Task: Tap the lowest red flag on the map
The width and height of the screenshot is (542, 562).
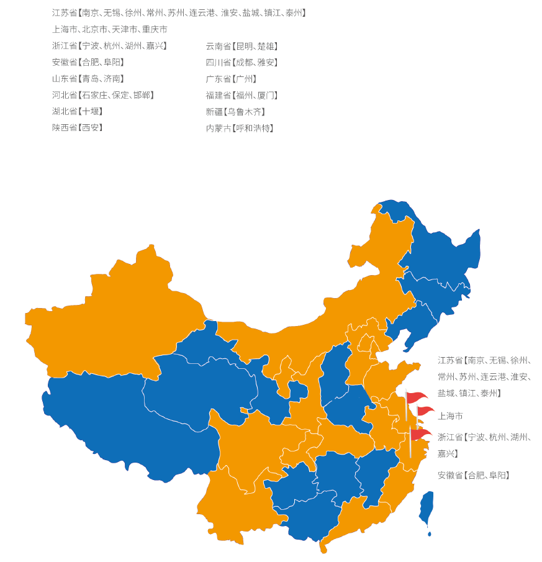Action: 421,434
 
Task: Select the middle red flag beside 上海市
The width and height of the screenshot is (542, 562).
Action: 425,410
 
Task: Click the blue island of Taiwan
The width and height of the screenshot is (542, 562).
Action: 426,506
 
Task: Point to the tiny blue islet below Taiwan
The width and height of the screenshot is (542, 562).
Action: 429,533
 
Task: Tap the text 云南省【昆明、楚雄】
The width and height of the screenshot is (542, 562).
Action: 242,46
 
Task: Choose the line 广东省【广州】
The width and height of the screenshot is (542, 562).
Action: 231,79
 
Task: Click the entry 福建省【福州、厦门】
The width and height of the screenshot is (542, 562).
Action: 242,95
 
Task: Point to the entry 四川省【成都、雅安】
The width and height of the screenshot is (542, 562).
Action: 242,62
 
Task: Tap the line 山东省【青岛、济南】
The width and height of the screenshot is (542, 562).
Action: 88,79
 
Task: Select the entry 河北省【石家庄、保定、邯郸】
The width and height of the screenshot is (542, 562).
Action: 103,95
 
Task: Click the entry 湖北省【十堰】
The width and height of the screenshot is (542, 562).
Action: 78,112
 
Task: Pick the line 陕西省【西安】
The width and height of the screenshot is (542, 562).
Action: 78,128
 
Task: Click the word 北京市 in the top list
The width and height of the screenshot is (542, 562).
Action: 95,29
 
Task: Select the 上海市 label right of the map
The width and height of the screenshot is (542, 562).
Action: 450,416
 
